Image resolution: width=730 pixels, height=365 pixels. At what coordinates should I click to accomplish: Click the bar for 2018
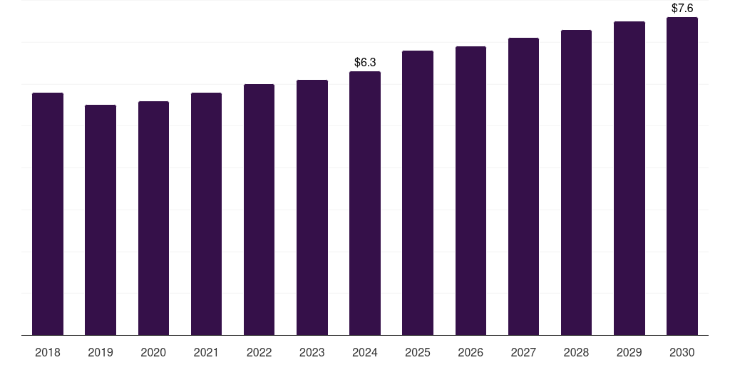(x=48, y=214)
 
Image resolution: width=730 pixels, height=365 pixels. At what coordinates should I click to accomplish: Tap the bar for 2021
(x=206, y=214)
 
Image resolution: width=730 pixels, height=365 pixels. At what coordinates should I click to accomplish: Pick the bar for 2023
(x=312, y=207)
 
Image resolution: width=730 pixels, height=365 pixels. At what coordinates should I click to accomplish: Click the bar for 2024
(x=365, y=203)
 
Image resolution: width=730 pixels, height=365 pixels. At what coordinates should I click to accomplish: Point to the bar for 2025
(x=418, y=192)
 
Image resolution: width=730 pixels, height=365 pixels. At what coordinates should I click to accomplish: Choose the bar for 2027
(x=523, y=186)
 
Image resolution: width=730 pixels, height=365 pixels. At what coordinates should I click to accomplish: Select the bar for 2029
(x=629, y=178)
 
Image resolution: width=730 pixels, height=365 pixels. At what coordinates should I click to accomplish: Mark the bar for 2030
(x=682, y=176)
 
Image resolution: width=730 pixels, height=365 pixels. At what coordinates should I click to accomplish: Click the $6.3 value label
(x=365, y=63)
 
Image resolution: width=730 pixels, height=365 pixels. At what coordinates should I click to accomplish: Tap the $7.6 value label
(x=682, y=9)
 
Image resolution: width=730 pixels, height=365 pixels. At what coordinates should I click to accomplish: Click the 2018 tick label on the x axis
(x=48, y=352)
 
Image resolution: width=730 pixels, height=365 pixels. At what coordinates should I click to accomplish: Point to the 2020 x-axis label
(x=153, y=352)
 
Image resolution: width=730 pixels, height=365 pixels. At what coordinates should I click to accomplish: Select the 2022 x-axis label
(x=259, y=352)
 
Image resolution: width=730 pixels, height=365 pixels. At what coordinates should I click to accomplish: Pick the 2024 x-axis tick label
(x=365, y=352)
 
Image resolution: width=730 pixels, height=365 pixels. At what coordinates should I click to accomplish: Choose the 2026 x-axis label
(x=471, y=352)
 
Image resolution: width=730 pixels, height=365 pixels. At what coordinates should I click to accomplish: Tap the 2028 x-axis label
(x=577, y=352)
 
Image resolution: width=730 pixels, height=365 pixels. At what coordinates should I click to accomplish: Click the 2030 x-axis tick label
(x=682, y=352)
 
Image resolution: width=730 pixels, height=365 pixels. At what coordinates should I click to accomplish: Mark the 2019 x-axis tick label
(x=101, y=352)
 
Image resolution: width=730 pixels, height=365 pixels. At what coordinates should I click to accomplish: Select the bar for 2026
(x=471, y=190)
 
